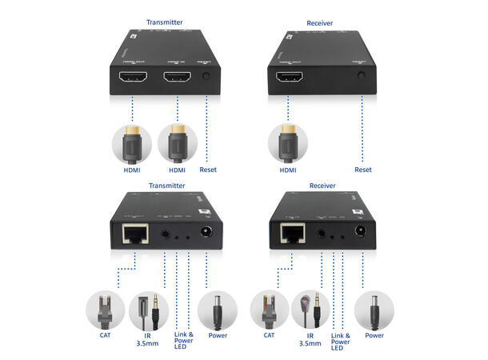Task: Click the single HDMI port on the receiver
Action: click(290, 78)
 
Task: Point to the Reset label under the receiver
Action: click(363, 170)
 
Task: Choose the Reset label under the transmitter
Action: click(207, 170)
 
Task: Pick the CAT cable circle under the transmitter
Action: click(106, 311)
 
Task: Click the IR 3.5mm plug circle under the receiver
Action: click(312, 310)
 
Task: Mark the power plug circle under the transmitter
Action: click(217, 310)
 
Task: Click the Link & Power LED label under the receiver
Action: click(341, 342)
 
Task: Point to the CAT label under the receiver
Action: click(270, 336)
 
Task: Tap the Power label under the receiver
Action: click(374, 336)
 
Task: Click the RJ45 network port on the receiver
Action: click(292, 234)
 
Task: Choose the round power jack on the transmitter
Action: click(206, 234)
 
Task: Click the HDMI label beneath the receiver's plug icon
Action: click(288, 170)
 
